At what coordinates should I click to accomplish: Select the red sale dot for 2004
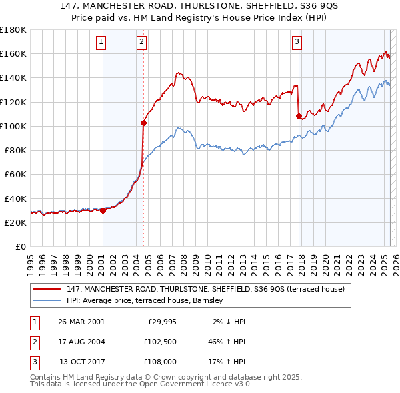pyautogui.click(x=143, y=123)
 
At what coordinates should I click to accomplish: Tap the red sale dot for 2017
pyautogui.click(x=299, y=116)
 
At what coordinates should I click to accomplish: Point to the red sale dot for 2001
pyautogui.click(x=103, y=210)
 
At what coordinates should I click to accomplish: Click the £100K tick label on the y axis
pyautogui.click(x=13, y=126)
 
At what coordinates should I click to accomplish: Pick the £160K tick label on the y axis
pyautogui.click(x=13, y=53)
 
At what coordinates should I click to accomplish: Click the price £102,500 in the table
pyautogui.click(x=159, y=342)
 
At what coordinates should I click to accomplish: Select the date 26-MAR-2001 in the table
pyautogui.click(x=81, y=321)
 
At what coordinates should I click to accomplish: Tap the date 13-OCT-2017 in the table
pyautogui.click(x=82, y=363)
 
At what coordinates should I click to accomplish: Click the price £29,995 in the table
pyautogui.click(x=161, y=321)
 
